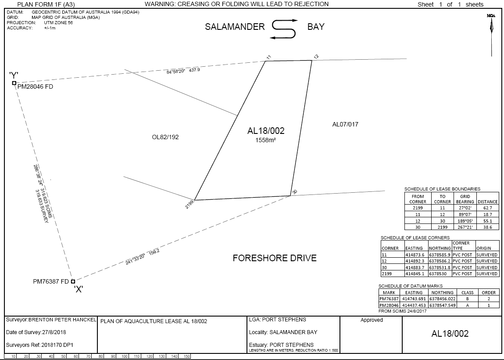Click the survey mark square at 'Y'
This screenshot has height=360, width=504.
click(14, 83)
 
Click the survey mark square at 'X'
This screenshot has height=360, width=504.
click(73, 281)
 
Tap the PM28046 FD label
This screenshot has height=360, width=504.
click(36, 87)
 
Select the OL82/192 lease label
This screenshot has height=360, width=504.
click(165, 137)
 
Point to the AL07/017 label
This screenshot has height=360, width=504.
click(345, 124)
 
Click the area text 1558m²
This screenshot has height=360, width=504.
click(266, 140)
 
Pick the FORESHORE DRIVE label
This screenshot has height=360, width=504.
click(275, 258)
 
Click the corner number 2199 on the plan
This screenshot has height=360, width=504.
click(190, 204)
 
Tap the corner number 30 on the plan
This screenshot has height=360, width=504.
click(294, 192)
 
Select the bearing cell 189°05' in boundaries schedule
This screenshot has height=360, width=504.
click(465, 221)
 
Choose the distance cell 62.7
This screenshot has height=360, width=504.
click(488, 208)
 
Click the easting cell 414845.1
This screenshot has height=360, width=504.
click(415, 274)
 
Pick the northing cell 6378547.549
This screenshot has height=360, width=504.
click(442, 305)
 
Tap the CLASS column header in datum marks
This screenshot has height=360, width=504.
click(467, 293)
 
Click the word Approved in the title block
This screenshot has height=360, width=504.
click(372, 320)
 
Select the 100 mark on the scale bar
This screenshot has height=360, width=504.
click(125, 356)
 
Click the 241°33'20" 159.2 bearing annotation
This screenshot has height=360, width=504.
click(143, 257)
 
